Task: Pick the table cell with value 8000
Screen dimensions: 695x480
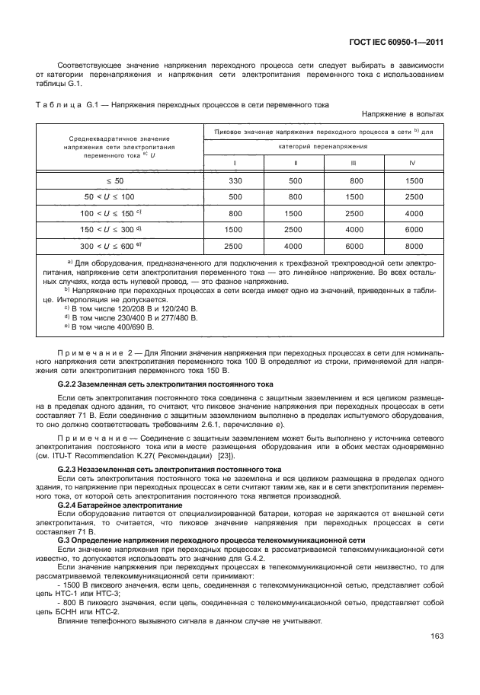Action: click(x=414, y=247)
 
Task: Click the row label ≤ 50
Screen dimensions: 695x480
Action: click(x=114, y=181)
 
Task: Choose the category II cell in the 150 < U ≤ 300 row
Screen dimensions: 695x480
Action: click(x=294, y=230)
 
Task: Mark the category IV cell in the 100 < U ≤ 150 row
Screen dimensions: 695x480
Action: click(x=414, y=213)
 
